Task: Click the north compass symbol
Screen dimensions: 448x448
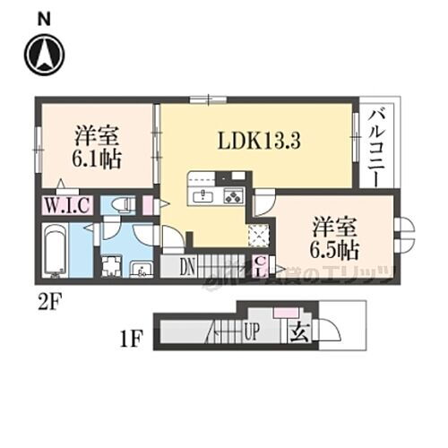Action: (43, 54)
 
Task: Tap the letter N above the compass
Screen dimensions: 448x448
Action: (43, 17)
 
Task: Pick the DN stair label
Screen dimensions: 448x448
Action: (188, 265)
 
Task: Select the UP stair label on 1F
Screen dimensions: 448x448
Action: (254, 332)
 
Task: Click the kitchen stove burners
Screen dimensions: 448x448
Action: (234, 196)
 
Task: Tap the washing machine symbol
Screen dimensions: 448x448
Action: (112, 267)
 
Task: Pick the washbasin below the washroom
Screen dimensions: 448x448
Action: (142, 270)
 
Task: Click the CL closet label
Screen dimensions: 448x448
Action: (259, 266)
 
